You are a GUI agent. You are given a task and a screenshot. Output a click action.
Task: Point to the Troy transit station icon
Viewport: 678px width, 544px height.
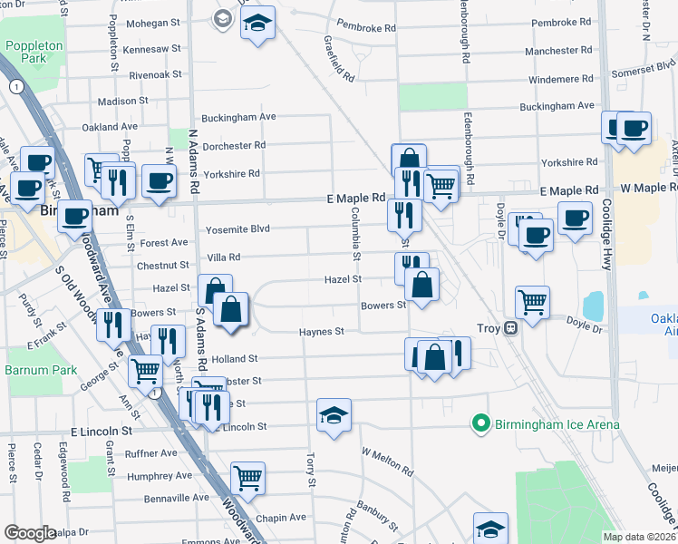tap(511, 327)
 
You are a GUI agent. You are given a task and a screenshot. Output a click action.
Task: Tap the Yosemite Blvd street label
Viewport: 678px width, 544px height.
tap(238, 229)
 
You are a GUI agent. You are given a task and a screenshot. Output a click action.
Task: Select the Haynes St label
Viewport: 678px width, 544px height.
tap(322, 333)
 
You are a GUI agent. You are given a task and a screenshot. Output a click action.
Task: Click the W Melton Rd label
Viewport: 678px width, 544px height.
tap(387, 461)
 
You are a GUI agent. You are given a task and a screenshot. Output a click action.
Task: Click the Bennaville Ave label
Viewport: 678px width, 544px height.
tap(177, 498)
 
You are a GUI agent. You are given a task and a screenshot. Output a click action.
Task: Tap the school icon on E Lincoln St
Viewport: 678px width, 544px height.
tap(334, 416)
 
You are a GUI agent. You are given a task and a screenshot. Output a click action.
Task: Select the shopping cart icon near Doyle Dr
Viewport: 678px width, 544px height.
tap(532, 301)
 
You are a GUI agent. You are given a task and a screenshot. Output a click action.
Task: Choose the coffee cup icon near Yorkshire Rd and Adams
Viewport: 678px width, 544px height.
tap(160, 180)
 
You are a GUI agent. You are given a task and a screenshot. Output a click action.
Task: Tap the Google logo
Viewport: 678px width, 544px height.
tap(30, 533)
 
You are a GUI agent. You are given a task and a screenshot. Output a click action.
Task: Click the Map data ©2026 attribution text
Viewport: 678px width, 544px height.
tap(639, 537)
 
